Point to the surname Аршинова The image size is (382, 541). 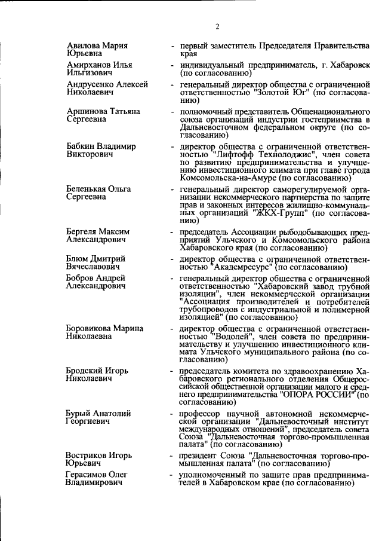pos(87,112)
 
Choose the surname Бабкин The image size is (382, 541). pos(82,146)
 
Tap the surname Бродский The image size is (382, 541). pos(85,371)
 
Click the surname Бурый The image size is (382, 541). pos(79,414)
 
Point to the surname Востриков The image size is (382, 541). pos(87,456)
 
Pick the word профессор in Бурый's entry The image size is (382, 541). pos(199,414)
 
